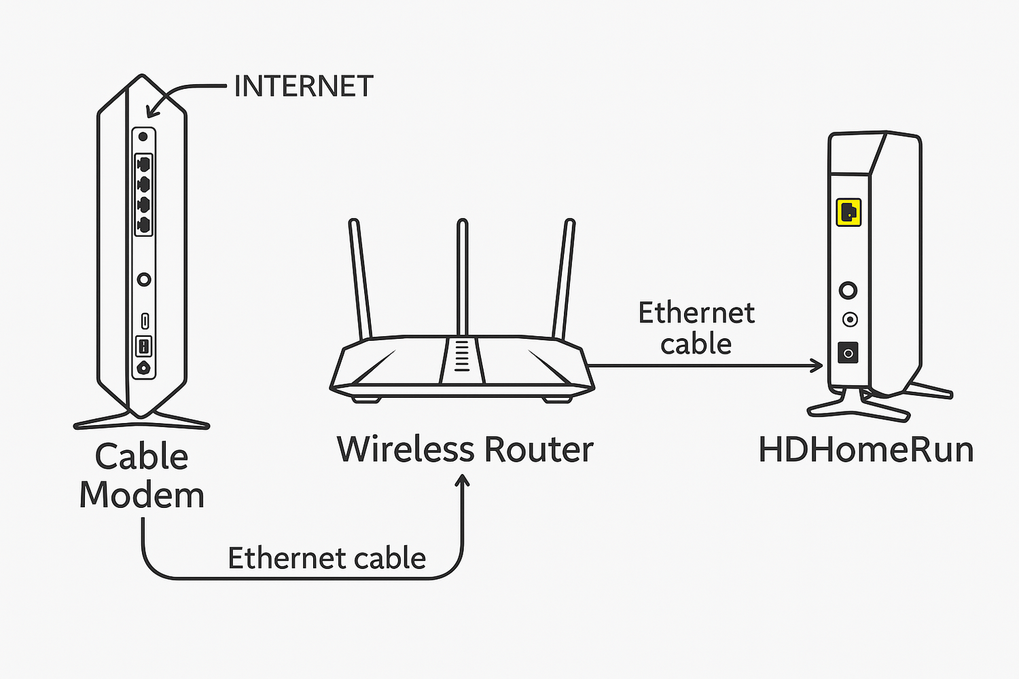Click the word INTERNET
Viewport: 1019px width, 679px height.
tap(304, 87)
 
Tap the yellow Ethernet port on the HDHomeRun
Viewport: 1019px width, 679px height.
tap(848, 213)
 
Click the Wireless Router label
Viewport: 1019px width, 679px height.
tap(465, 449)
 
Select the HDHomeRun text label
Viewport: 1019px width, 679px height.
tap(866, 450)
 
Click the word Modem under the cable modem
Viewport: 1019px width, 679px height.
tap(141, 496)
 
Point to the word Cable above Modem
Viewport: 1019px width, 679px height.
tap(141, 456)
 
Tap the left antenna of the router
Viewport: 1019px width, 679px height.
tap(360, 278)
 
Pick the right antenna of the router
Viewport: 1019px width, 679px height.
tap(564, 278)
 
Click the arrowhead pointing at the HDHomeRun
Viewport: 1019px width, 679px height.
tap(817, 366)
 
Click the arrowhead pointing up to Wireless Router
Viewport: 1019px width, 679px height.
tap(463, 481)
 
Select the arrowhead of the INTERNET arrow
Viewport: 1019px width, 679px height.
tap(153, 111)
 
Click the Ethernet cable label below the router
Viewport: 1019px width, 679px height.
tap(327, 559)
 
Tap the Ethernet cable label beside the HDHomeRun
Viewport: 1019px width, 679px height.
tap(696, 329)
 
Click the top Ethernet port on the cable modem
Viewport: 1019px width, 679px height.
tap(144, 164)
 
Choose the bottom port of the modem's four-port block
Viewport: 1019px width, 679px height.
tap(144, 225)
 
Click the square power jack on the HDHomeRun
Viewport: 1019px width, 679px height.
tap(848, 353)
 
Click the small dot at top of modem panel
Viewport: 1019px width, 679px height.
tap(143, 136)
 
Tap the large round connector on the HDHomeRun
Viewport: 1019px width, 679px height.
tap(848, 291)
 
